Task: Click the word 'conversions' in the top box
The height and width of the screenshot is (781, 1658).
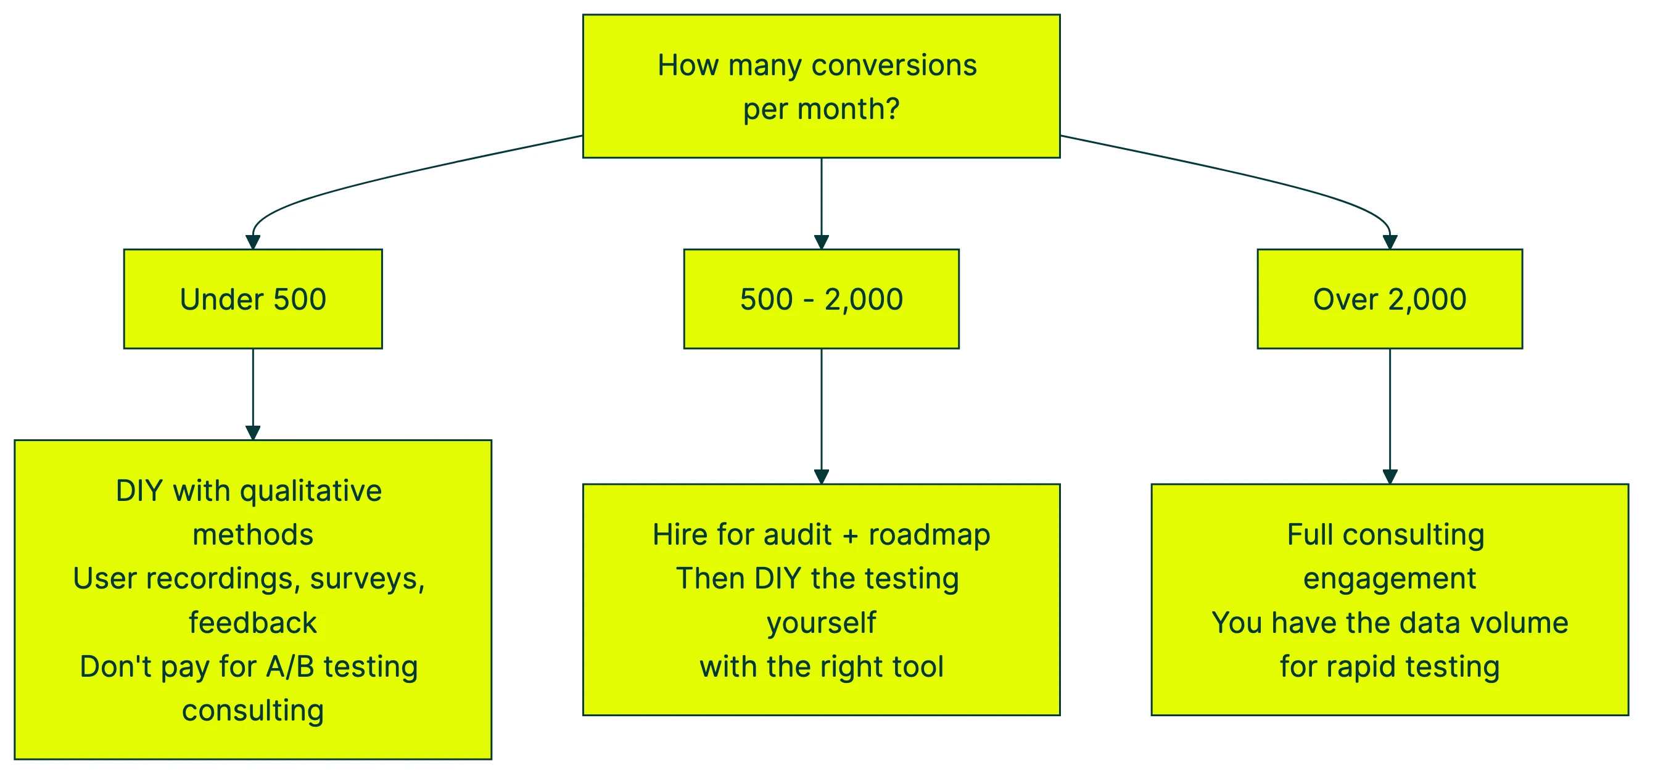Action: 894,65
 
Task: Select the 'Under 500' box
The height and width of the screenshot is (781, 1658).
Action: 253,299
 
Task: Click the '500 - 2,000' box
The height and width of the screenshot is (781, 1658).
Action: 821,299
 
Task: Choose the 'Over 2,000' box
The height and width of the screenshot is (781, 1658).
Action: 1390,299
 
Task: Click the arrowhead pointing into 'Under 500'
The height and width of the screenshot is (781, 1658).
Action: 253,242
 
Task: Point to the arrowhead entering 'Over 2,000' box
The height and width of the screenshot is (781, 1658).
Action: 1390,242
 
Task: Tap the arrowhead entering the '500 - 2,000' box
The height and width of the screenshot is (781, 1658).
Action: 821,242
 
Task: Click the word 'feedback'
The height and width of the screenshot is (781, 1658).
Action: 253,622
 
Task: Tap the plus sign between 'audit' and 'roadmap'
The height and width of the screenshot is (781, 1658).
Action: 850,535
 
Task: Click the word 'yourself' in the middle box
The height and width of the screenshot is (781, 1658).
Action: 821,622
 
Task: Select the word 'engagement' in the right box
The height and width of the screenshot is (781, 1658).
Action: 1390,578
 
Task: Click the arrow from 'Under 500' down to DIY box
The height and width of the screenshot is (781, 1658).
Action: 253,393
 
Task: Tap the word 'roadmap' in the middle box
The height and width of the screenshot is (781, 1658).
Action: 930,535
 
